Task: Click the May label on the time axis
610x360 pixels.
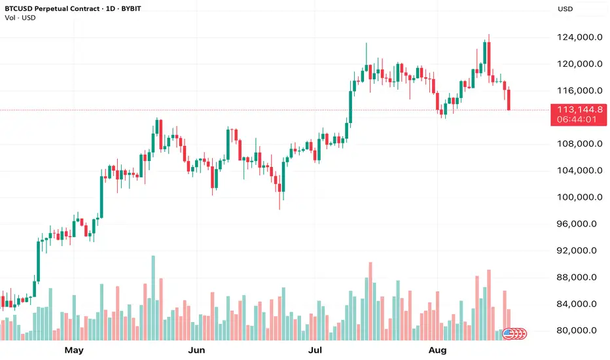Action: [74, 350]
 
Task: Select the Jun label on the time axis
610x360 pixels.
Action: [196, 350]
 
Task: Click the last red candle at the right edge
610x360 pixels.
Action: [509, 99]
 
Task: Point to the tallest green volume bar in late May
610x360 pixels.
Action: [154, 298]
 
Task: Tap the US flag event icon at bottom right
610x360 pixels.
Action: [507, 334]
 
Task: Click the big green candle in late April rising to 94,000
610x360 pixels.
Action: [37, 262]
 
